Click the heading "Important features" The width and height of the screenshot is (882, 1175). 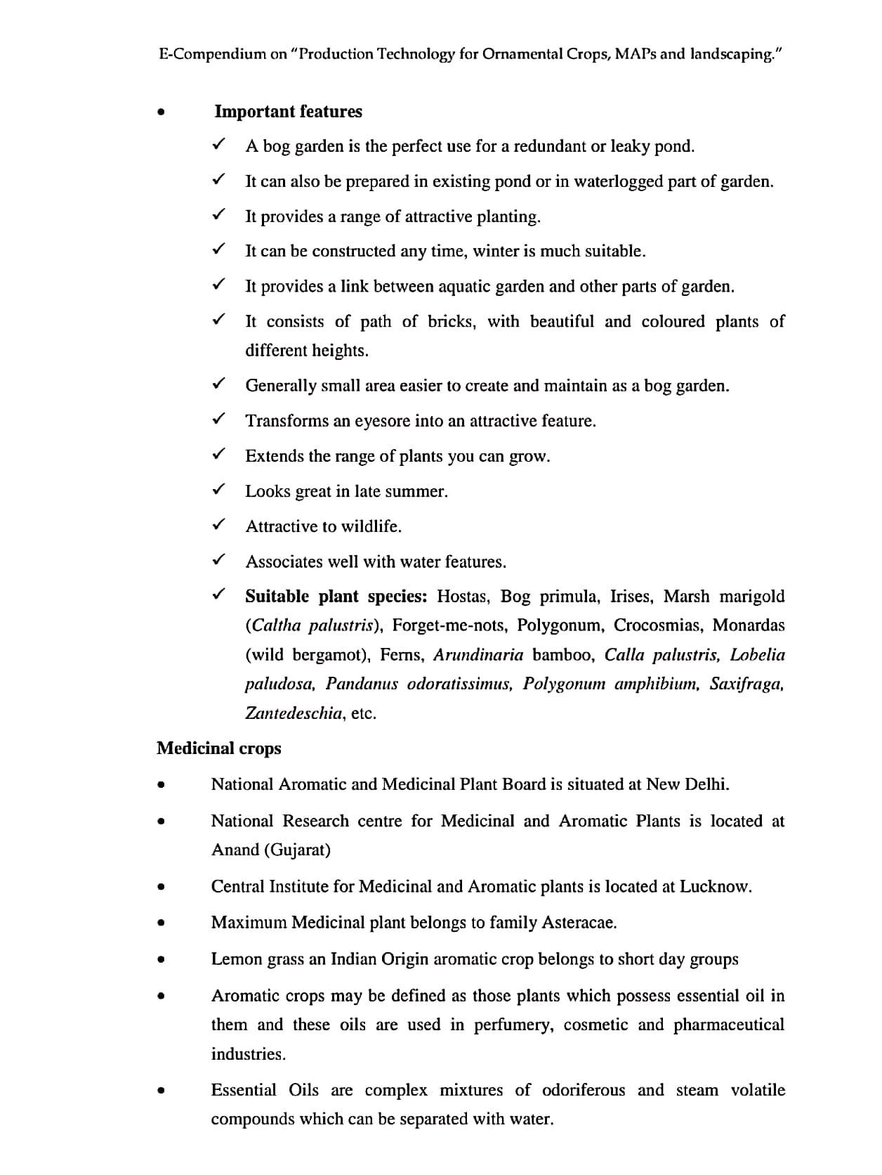288,112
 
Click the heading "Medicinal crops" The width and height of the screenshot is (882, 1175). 218,748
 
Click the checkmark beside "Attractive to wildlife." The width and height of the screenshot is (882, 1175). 218,525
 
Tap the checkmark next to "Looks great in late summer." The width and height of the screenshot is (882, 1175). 218,490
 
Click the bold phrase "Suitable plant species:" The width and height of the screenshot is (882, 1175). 336,597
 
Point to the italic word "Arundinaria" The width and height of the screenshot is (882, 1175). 478,655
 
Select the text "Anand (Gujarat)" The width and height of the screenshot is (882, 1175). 271,850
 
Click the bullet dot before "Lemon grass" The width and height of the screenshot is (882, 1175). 162,959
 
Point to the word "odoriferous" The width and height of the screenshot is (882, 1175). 583,1090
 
